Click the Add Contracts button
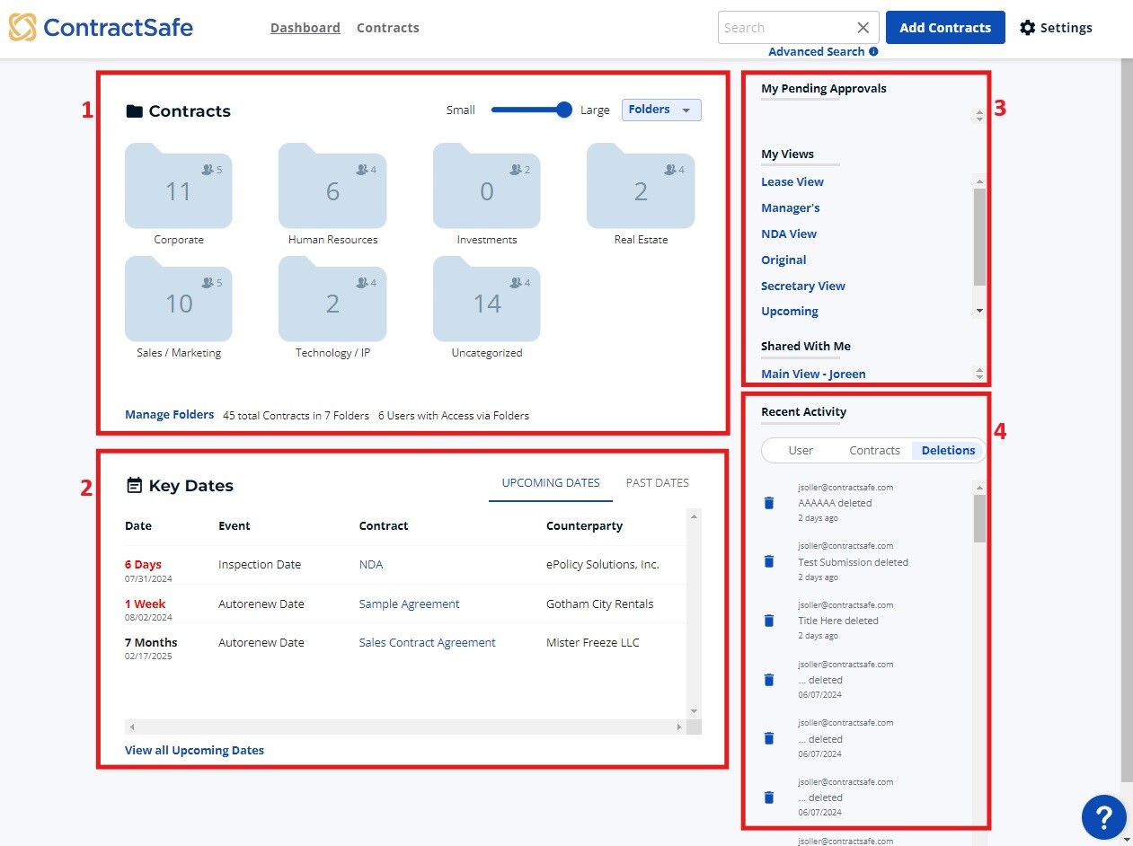944,28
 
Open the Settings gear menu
1056,28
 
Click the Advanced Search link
816,51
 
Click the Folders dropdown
660,110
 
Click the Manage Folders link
169,415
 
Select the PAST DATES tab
657,483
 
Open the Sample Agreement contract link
409,604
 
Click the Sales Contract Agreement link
427,643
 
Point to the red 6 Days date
143,565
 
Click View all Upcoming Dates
194,751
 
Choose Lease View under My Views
792,182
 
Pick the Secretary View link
802,286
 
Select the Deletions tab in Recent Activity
948,451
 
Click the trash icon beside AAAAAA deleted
769,503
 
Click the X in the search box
863,28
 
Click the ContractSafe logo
101,27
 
